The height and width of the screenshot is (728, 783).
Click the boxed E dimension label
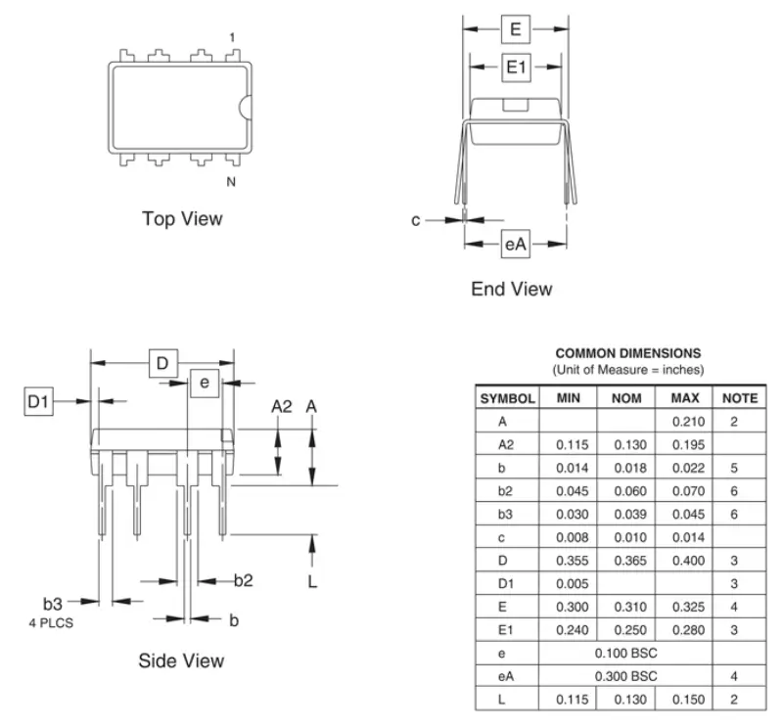click(x=516, y=29)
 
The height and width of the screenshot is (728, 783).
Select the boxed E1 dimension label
click(x=516, y=67)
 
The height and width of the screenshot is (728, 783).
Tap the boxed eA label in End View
click(x=516, y=245)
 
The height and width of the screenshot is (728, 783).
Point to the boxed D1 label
click(x=38, y=401)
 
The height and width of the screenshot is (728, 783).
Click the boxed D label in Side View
click(x=163, y=363)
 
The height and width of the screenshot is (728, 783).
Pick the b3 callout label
click(x=53, y=604)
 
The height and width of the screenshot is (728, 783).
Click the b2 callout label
click(x=243, y=580)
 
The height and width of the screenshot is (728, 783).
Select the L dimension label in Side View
click(x=312, y=581)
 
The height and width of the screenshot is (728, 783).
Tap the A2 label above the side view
click(x=282, y=407)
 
